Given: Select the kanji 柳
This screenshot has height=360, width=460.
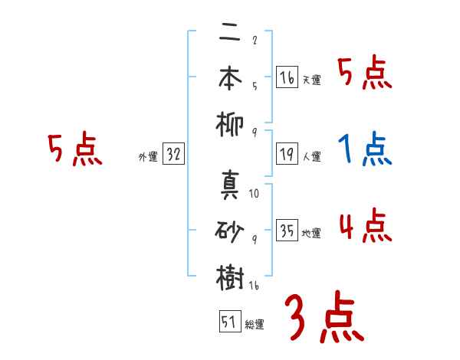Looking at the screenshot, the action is point(230,123).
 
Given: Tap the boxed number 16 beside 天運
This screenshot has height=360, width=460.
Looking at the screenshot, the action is point(287,77).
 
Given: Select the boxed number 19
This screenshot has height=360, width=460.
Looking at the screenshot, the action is point(287,154).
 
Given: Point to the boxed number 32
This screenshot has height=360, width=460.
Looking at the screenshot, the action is point(172,155).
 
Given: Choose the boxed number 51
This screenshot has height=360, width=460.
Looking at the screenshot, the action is point(228,322).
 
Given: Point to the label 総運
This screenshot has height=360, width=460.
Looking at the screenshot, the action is point(254,325).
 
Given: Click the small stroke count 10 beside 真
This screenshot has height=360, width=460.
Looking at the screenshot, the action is point(254,194).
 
